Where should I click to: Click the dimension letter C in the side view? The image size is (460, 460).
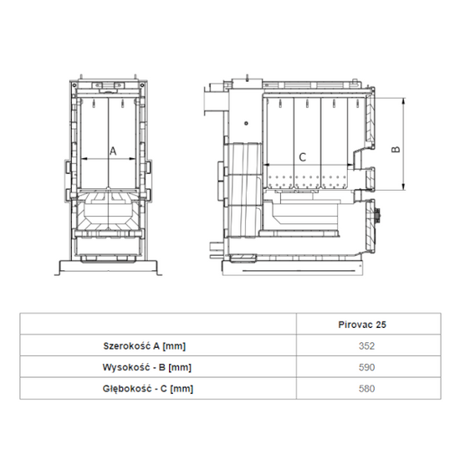point(303,156)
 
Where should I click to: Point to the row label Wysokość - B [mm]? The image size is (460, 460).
point(147,366)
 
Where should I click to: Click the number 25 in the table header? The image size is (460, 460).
point(381,322)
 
